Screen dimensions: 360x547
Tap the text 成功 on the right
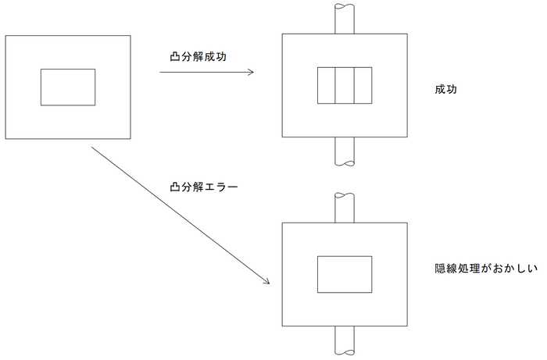(x=445, y=90)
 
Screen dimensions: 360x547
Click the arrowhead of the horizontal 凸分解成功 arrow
(x=252, y=73)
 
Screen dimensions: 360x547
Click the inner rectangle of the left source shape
(x=68, y=87)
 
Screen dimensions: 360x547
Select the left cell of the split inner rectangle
(x=326, y=85)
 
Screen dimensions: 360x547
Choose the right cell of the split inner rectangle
(x=362, y=85)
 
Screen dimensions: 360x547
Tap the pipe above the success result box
(x=344, y=19)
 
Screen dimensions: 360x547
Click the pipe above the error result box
(x=344, y=207)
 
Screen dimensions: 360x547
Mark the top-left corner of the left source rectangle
(x=5, y=35)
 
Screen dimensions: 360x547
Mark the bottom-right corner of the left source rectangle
(x=130, y=139)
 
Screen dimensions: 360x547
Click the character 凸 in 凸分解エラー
(x=175, y=188)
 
